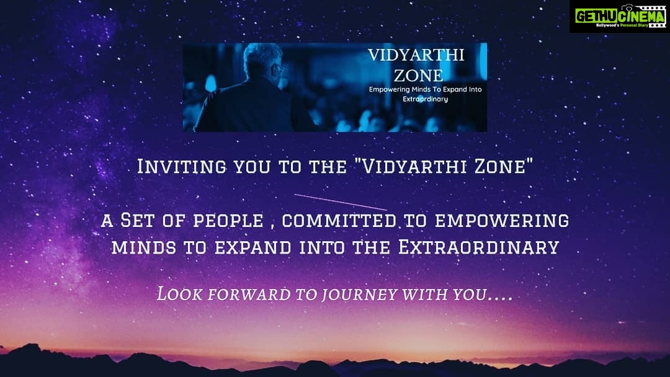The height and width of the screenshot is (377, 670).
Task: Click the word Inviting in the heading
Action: (x=182, y=167)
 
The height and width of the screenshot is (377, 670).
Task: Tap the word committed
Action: (x=339, y=221)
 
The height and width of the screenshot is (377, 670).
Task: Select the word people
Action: (x=228, y=221)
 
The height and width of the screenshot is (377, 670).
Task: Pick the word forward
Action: (x=249, y=294)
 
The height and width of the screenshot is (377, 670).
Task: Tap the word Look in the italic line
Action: (x=179, y=294)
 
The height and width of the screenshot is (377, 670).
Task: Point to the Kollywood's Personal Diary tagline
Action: (x=622, y=25)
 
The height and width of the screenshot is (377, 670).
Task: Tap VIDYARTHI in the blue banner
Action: (x=416, y=55)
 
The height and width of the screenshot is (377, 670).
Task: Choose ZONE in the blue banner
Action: (x=418, y=76)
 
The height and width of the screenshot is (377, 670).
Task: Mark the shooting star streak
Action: (x=341, y=202)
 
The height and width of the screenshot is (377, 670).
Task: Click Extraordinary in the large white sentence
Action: (x=478, y=247)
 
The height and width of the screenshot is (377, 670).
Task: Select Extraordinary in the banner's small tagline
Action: (x=425, y=99)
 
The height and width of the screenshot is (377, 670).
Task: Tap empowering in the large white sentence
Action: (x=502, y=221)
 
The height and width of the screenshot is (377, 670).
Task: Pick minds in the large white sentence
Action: (x=143, y=247)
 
